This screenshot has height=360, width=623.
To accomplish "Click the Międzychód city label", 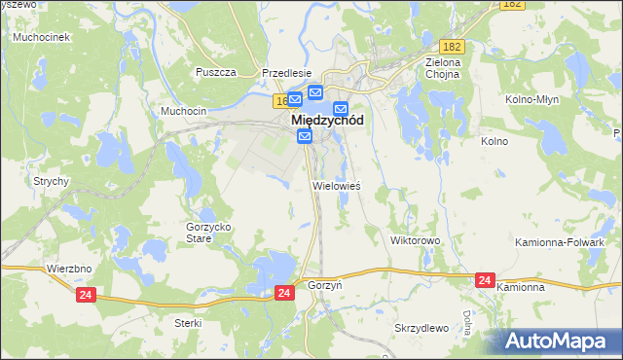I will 328,122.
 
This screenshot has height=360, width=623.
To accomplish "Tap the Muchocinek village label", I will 38,37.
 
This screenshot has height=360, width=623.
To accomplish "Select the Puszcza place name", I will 216,72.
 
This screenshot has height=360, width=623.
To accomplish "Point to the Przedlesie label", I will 286,72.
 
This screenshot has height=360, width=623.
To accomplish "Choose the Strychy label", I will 51,181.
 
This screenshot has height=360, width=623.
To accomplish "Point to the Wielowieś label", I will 336,185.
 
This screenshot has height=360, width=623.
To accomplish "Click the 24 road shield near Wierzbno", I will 86,293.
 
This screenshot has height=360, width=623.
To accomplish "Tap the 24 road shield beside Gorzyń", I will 283,292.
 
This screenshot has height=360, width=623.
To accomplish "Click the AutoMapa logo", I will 560,341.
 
